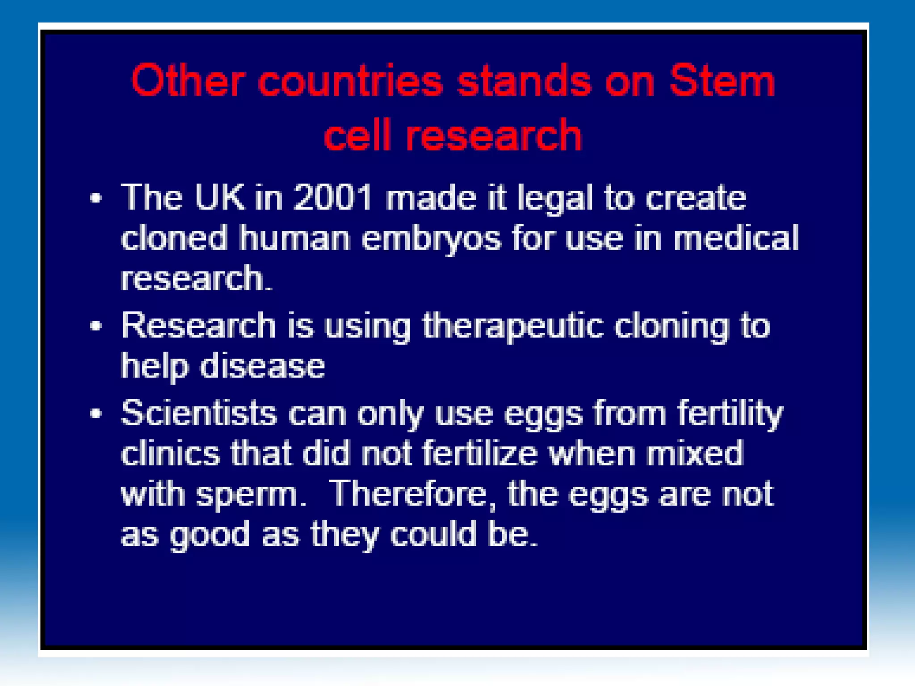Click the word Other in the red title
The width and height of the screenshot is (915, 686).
tap(188, 81)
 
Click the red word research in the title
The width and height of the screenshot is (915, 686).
tap(493, 135)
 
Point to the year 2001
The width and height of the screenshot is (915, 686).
tap(333, 197)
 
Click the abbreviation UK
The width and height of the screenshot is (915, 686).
tap(220, 197)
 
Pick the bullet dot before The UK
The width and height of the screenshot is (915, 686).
tap(96, 198)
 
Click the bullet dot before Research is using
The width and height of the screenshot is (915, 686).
tap(96, 326)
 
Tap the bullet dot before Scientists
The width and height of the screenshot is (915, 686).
tap(96, 414)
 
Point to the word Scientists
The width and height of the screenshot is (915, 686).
tap(199, 413)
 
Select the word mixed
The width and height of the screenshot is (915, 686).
tap(695, 453)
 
